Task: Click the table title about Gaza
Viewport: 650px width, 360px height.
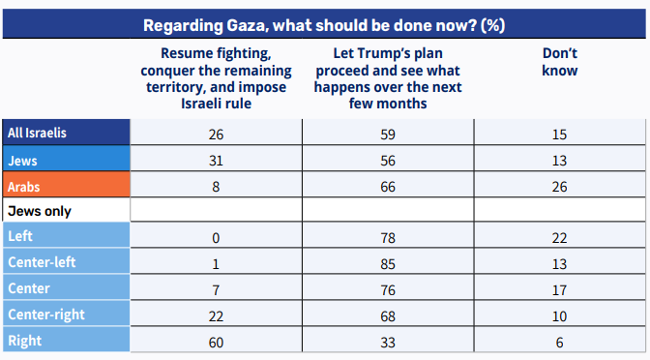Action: pos(324,25)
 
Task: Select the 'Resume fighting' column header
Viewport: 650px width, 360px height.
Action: pos(216,78)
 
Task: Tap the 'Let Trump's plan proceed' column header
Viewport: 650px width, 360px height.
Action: pos(388,78)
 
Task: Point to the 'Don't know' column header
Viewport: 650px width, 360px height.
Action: pos(560,62)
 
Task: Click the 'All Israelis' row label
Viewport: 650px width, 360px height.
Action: pos(37,133)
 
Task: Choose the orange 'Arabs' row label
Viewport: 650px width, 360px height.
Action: pos(23,187)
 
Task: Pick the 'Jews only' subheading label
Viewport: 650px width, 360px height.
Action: pos(40,211)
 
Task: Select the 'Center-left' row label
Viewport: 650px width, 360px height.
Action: pos(42,262)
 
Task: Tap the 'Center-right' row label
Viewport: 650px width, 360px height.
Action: pos(46,315)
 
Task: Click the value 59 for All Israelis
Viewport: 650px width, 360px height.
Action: pos(388,135)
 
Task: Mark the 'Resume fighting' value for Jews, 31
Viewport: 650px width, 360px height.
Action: pos(216,161)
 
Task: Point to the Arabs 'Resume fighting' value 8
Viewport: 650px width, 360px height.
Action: pos(216,187)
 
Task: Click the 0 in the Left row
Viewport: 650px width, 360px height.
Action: pos(216,238)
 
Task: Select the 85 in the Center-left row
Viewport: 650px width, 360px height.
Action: pos(388,264)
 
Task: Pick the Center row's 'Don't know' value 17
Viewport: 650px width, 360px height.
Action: pos(560,290)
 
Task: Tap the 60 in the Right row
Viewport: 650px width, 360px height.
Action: pos(216,343)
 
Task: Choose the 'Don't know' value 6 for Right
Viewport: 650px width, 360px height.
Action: pos(560,343)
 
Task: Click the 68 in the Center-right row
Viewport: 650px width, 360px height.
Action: pos(388,316)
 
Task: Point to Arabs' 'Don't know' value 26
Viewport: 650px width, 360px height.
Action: pos(560,187)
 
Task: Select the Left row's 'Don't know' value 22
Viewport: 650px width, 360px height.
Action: pos(560,238)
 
